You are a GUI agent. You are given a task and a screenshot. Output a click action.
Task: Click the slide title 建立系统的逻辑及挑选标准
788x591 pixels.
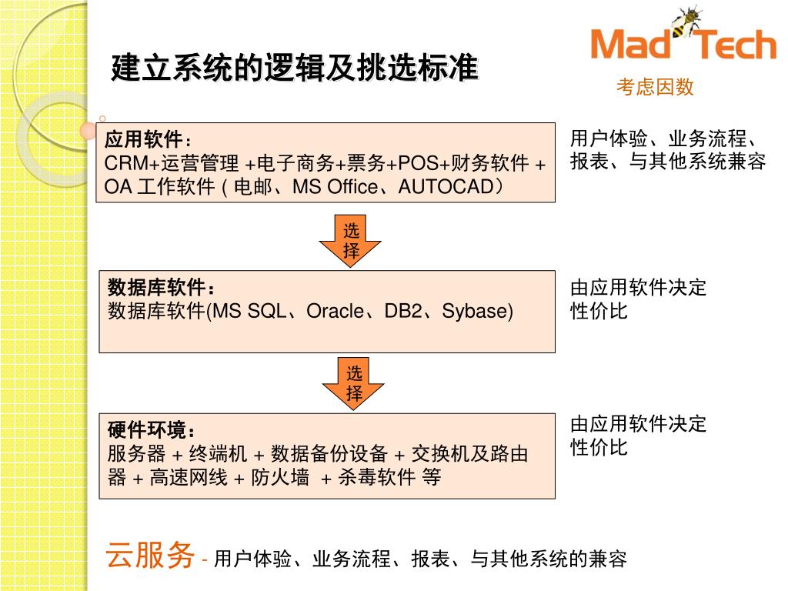click(x=294, y=68)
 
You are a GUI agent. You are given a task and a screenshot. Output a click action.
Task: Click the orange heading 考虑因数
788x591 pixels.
click(x=655, y=88)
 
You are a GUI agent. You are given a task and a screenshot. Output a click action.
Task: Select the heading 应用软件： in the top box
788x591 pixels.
click(x=147, y=140)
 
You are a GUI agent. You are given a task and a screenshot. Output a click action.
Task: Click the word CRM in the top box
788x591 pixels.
click(x=122, y=164)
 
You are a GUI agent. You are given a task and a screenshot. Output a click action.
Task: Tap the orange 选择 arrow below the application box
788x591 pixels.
click(x=351, y=240)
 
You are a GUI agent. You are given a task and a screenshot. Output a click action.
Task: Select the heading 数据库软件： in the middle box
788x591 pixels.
click(x=162, y=288)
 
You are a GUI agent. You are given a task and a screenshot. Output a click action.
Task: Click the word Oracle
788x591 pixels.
click(x=334, y=312)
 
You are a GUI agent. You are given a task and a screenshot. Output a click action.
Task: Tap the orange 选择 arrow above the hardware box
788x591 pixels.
click(x=353, y=383)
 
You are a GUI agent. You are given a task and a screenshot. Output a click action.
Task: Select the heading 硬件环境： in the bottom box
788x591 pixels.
click(x=152, y=430)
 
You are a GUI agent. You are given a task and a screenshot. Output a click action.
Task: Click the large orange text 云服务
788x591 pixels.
click(x=150, y=555)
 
